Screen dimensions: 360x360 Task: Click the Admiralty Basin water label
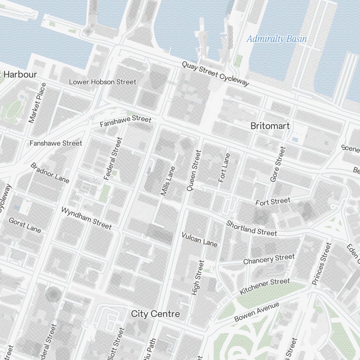pos(276,39)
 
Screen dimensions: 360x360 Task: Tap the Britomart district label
pos(270,126)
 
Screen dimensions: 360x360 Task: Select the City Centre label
pos(155,314)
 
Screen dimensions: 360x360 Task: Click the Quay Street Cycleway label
pos(215,74)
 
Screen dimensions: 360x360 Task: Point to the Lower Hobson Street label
pos(103,82)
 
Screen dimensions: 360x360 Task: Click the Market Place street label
pos(38,103)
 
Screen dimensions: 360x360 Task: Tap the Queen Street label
pos(193,170)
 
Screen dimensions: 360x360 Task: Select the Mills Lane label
pos(168,181)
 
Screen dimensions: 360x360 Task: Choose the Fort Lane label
pos(224,167)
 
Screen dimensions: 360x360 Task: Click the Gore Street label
pos(278,164)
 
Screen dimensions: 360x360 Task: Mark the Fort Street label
pos(273,202)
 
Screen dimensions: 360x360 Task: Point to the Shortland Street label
pos(252,228)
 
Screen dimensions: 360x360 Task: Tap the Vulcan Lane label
pos(199,239)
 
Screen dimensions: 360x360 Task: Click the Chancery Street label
pos(269,259)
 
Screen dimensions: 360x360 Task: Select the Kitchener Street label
pos(265,286)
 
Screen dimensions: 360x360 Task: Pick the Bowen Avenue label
pos(257,312)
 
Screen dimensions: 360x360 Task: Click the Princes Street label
pos(321,264)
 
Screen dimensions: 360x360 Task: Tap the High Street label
pos(198,278)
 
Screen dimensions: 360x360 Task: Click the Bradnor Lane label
pos(50,173)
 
